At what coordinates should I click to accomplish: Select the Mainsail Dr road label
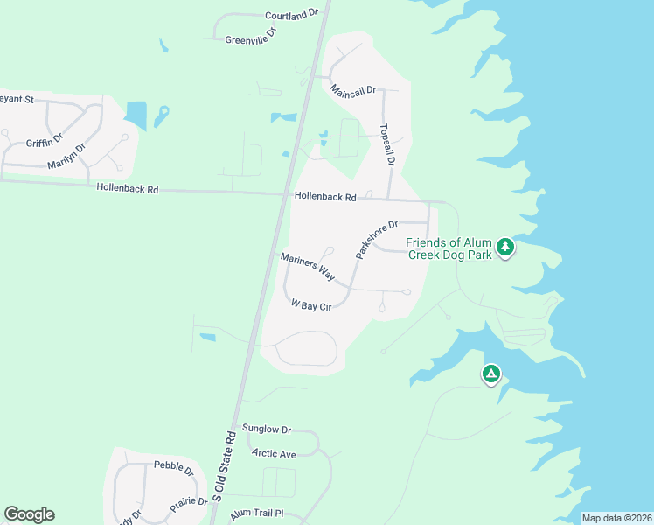pyautogui.click(x=353, y=90)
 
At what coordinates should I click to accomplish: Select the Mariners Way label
pyautogui.click(x=308, y=266)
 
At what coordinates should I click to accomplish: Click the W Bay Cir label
pyautogui.click(x=311, y=305)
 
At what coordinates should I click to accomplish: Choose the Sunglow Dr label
pyautogui.click(x=267, y=430)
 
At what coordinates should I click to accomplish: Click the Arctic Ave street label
pyautogui.click(x=274, y=453)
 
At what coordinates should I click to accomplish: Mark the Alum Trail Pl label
pyautogui.click(x=252, y=515)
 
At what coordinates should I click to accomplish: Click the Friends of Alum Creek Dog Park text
pyautogui.click(x=449, y=248)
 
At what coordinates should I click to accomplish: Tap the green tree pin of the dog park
pyautogui.click(x=504, y=248)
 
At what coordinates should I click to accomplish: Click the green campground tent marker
pyautogui.click(x=491, y=374)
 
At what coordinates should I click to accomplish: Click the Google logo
pyautogui.click(x=29, y=514)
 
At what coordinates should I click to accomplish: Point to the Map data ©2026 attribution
pyautogui.click(x=616, y=518)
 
